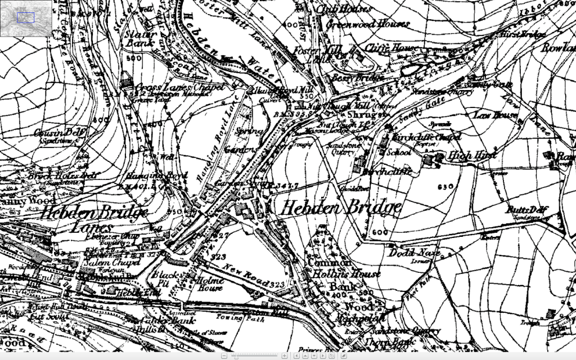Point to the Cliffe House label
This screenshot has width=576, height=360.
coord(388,49)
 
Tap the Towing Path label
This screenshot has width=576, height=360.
coord(244,317)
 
